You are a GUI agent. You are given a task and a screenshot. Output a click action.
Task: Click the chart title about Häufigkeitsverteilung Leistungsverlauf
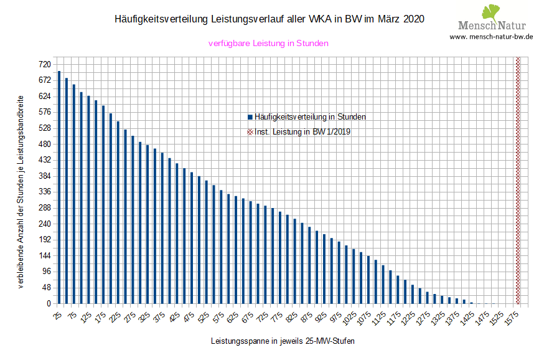click(269, 19)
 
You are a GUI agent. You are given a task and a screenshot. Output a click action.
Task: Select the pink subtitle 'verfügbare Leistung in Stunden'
click(268, 44)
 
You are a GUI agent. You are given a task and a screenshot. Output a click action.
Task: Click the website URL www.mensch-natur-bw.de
click(491, 37)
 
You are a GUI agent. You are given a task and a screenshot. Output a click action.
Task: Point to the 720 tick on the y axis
click(44, 65)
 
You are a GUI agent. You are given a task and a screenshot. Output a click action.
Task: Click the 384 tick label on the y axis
click(44, 176)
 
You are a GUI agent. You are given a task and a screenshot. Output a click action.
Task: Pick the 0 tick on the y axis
click(47, 304)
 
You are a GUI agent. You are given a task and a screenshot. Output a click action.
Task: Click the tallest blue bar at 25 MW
click(59, 187)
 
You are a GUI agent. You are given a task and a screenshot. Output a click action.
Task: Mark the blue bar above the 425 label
click(177, 234)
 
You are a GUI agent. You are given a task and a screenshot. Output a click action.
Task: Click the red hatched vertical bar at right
click(518, 181)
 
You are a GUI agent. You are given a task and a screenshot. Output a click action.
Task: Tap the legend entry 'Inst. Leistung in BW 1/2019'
click(299, 132)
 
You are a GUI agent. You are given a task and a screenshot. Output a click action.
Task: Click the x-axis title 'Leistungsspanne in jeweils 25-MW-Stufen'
click(283, 341)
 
